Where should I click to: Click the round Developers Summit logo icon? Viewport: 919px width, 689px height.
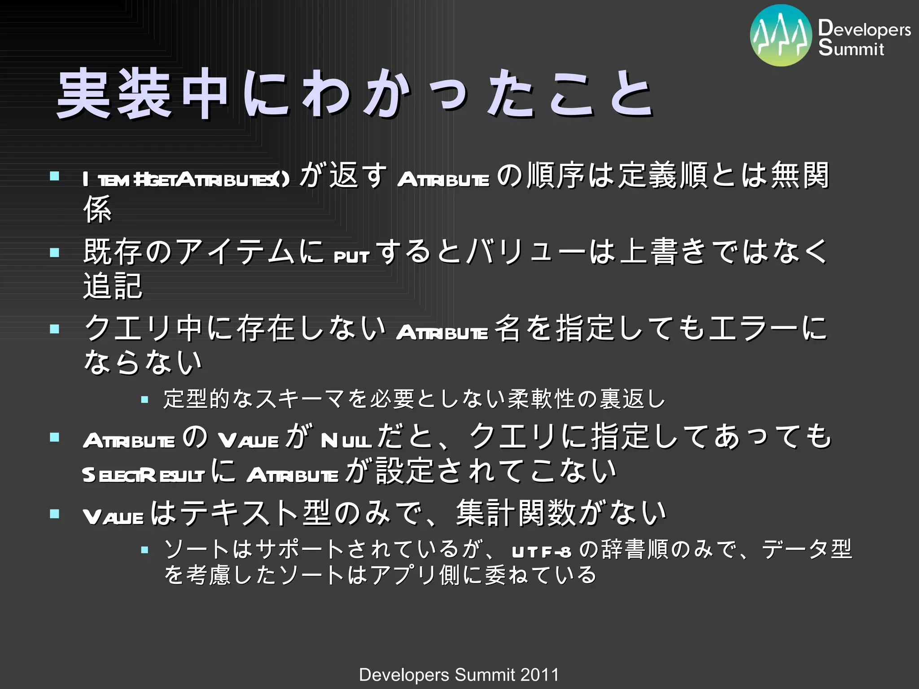click(x=781, y=35)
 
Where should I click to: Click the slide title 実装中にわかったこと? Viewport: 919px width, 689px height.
click(x=354, y=94)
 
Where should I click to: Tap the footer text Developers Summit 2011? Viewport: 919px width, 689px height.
click(x=459, y=675)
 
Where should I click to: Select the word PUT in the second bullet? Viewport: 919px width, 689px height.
click(x=351, y=256)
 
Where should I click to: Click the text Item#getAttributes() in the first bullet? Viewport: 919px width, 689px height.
click(x=186, y=179)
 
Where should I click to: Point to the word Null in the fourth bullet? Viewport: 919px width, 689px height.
click(x=346, y=440)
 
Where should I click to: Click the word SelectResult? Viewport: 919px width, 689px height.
click(x=143, y=475)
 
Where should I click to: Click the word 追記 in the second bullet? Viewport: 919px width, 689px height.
click(x=113, y=286)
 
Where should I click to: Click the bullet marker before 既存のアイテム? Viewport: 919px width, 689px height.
click(x=55, y=252)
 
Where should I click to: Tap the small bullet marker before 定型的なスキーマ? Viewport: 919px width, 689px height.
click(x=144, y=399)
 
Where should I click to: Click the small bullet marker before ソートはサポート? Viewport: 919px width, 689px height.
click(x=144, y=549)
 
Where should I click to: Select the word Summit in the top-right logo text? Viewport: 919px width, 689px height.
click(x=851, y=48)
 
